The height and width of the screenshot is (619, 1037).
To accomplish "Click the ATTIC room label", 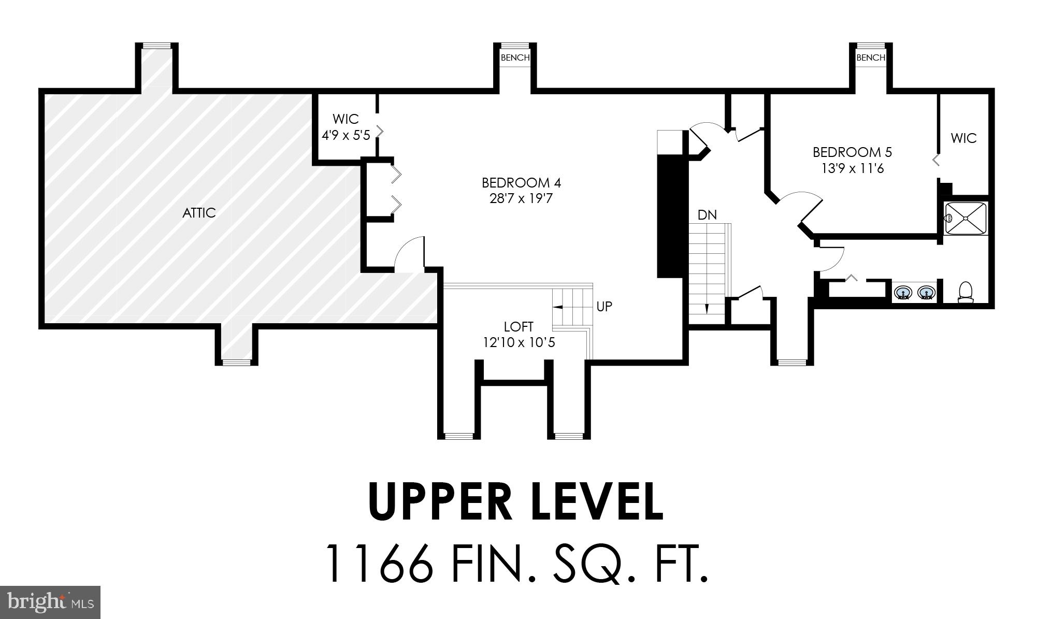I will [199, 213].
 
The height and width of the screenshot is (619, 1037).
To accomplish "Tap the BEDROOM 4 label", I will [521, 183].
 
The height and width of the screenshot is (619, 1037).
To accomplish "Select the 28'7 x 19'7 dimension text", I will [521, 198].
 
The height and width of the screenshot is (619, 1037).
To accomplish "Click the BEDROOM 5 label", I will [852, 152].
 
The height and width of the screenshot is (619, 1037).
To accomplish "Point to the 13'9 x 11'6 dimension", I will [852, 168].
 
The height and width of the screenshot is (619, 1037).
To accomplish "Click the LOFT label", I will [518, 327].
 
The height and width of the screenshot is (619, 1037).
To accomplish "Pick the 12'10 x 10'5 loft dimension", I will [518, 342].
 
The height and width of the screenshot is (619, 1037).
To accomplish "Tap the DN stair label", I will [707, 215].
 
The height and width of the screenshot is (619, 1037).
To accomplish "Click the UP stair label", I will [604, 307].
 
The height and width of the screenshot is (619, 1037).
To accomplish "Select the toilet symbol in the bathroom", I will [966, 292].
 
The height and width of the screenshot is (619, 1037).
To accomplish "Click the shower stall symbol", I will [966, 219].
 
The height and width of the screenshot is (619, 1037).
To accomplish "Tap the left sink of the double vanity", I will [903, 293].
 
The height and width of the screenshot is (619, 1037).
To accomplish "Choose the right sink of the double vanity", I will [926, 293].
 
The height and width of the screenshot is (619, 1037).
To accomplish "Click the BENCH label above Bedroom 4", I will [515, 57].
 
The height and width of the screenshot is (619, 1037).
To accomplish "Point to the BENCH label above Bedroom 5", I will [871, 57].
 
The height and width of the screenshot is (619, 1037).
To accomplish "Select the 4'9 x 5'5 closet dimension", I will [346, 136].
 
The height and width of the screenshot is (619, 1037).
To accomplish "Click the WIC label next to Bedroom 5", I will [963, 138].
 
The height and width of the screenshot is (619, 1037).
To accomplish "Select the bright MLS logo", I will [50, 602].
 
